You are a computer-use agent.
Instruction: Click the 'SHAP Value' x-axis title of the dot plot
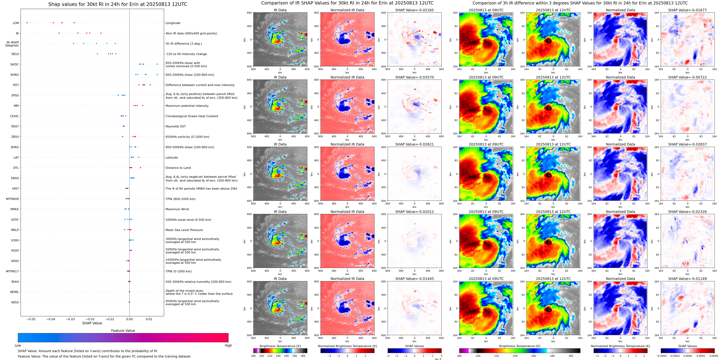coord(92,323)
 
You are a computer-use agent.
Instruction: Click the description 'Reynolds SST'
coord(175,127)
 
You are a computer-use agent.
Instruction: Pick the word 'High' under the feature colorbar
coord(228,345)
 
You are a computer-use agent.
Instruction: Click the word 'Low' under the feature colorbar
coord(18,345)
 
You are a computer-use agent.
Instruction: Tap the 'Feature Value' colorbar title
coord(123,331)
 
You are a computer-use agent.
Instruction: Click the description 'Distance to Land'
coord(178,168)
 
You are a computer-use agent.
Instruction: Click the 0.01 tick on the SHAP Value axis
coord(149,319)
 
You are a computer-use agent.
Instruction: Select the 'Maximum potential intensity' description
coord(187,106)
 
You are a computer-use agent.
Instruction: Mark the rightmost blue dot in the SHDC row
coord(157,64)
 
